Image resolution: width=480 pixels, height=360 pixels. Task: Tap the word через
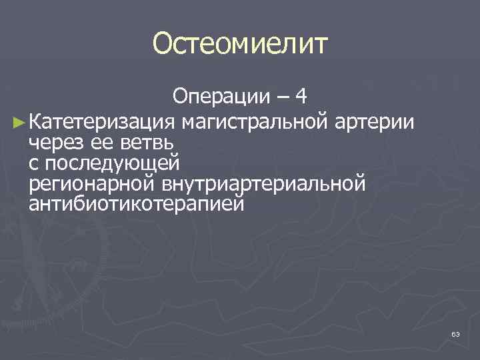click(57, 143)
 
